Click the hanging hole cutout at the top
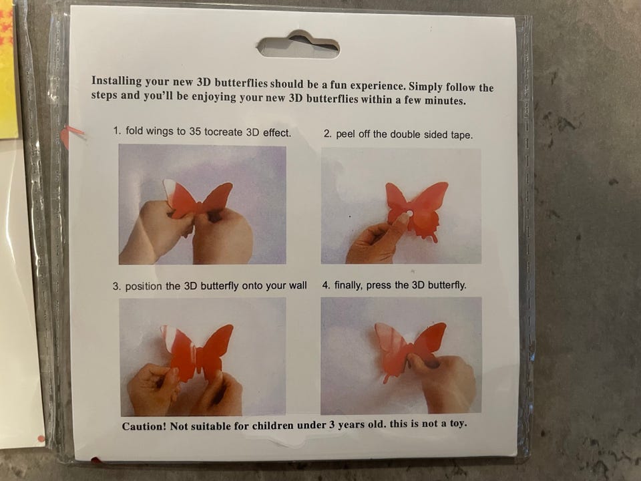coord(298,45)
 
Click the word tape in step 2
coord(461,136)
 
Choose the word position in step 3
coord(144,287)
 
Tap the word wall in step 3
coord(298,285)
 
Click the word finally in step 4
coord(349,285)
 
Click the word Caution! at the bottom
coord(144,426)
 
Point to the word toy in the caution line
coord(458,424)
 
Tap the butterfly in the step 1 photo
coord(198,199)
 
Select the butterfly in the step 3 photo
coord(197,353)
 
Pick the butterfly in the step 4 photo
coord(409,349)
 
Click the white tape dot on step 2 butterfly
coord(409,214)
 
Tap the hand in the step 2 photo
coord(376,240)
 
